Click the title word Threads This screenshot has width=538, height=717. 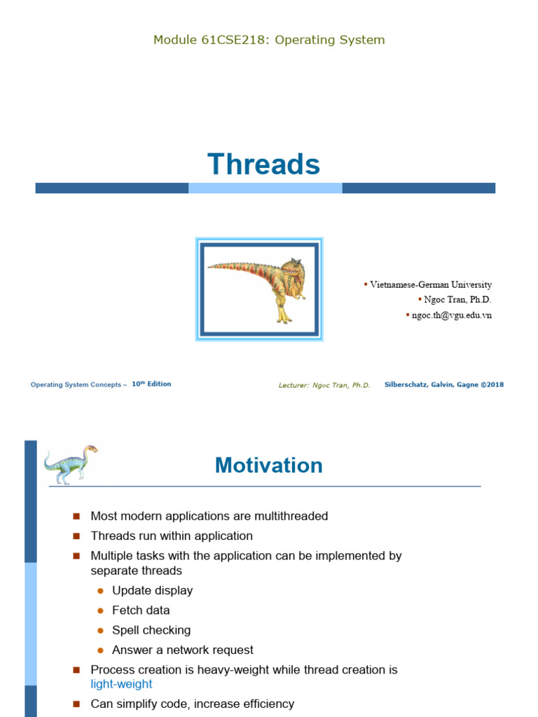pos(264,165)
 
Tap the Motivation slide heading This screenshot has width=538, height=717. pos(268,466)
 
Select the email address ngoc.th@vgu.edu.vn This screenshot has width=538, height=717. pos(451,315)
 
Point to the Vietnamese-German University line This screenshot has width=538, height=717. pos(430,284)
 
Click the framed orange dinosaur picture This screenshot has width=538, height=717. pos(259,289)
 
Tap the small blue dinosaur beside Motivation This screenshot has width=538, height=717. pos(71,464)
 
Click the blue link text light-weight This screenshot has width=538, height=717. pos(121,684)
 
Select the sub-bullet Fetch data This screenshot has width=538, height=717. pos(141,610)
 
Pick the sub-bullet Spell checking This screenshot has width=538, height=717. pos(151,630)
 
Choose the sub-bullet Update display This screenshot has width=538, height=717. pos(152,590)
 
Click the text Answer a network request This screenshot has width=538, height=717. pos(182,650)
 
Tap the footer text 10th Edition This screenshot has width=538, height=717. pos(151,384)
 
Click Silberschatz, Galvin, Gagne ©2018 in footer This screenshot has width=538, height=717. pos(443,384)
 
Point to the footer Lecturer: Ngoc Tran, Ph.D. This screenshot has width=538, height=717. pos(324,385)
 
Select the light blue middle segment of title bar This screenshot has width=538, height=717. pos(265,188)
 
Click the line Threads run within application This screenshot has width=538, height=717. pos(172,536)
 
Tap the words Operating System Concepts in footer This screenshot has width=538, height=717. pos(76,384)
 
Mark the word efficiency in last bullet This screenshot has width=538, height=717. pos(266,704)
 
